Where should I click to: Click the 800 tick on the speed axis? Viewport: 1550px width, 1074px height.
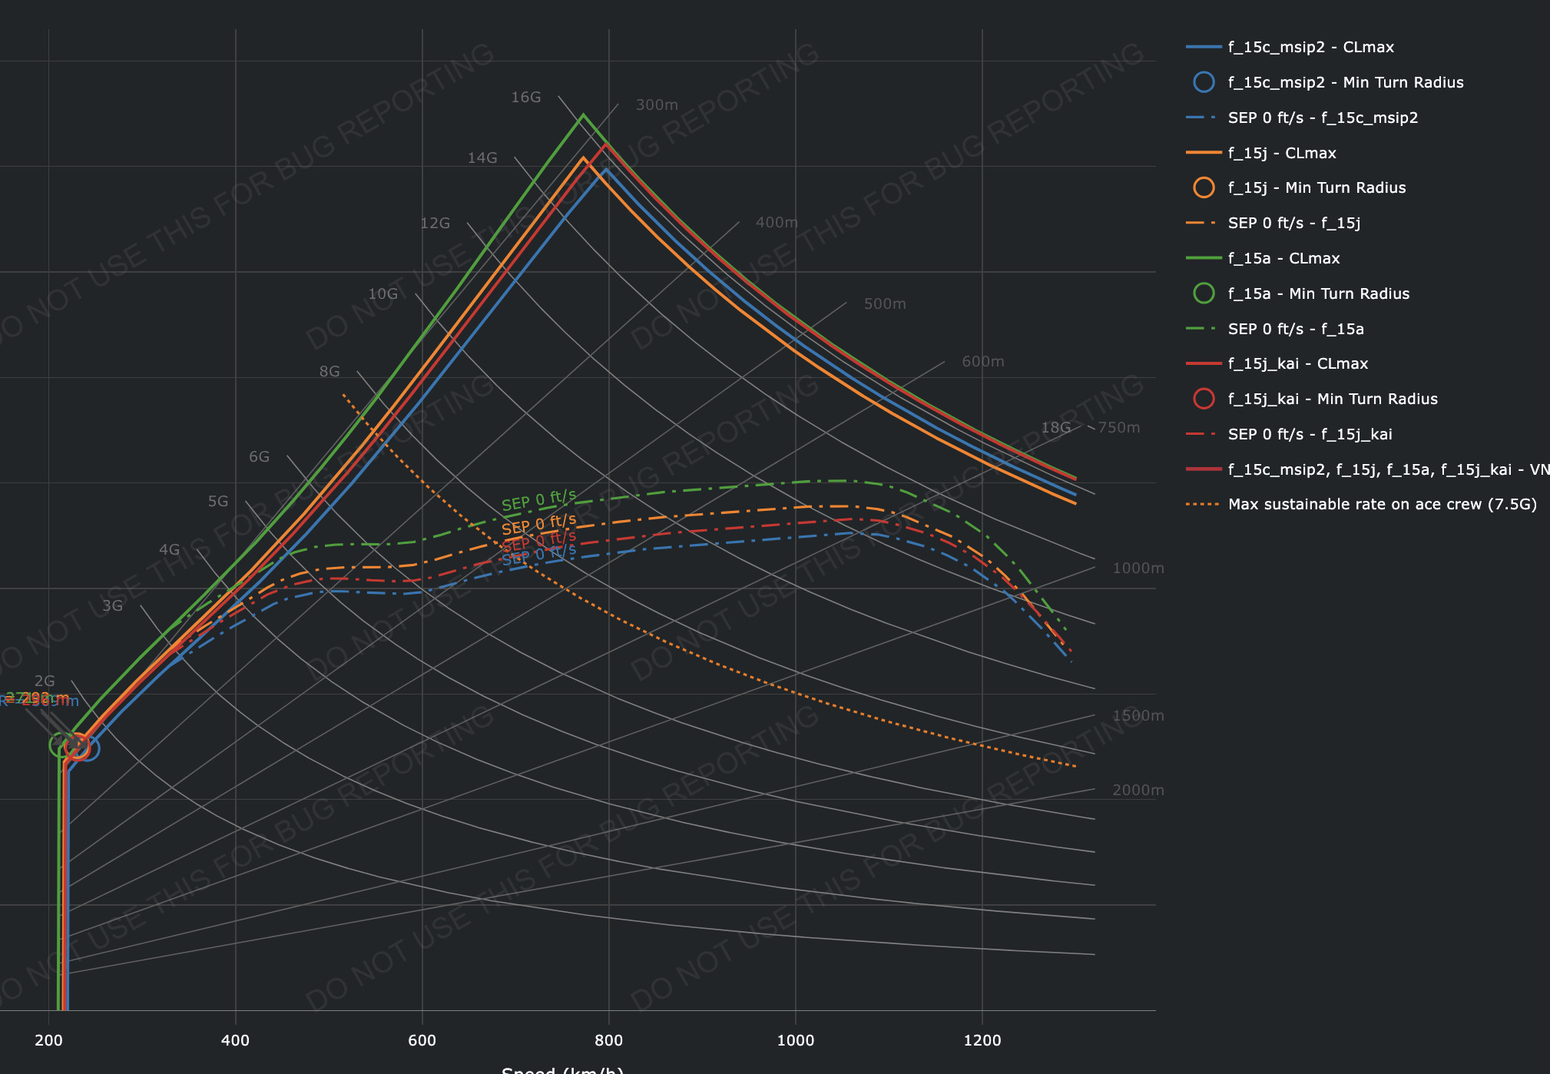[x=608, y=1040]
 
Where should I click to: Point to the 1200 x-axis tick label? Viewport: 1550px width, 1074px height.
[x=982, y=1040]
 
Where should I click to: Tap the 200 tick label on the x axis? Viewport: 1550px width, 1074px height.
[x=48, y=1040]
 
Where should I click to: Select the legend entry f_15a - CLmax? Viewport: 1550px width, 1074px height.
[x=1283, y=258]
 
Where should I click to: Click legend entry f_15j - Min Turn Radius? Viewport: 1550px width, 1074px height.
[x=1317, y=187]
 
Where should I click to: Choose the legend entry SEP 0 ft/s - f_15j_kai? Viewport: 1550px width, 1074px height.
[x=1310, y=434]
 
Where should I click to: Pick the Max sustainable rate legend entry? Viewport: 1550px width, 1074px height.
[x=1382, y=504]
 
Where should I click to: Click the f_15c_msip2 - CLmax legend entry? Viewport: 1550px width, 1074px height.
[x=1310, y=47]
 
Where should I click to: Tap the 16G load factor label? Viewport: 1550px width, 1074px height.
[x=526, y=97]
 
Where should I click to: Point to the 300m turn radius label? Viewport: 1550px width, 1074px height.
[x=657, y=104]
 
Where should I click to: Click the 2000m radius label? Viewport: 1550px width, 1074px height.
[x=1138, y=790]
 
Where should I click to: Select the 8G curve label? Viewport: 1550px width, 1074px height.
[x=330, y=371]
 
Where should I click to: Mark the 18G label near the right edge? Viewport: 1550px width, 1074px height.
[x=1055, y=427]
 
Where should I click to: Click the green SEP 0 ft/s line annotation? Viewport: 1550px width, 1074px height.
[x=538, y=501]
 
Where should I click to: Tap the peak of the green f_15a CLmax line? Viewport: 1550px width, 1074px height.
[x=583, y=115]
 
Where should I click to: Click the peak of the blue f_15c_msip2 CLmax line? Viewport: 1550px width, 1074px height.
[x=607, y=169]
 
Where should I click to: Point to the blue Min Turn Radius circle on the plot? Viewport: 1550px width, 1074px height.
[x=88, y=747]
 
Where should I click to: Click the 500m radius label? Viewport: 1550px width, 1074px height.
[x=885, y=303]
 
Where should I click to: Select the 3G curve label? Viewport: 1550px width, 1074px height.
[x=113, y=605]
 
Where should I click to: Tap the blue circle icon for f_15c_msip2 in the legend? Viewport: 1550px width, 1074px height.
[x=1204, y=82]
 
